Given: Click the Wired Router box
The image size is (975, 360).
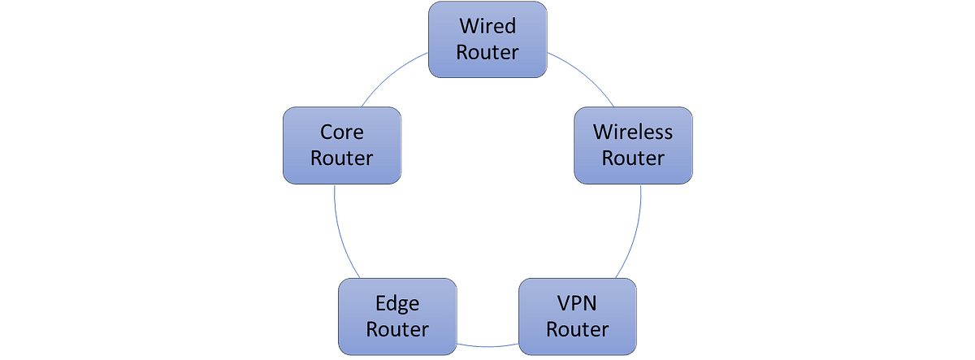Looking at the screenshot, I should pos(487,39).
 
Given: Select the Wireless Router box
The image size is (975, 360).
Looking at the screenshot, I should pos(633,145).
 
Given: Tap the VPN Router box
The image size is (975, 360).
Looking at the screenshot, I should pos(578,316).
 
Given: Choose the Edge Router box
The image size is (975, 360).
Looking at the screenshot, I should pos(396,316).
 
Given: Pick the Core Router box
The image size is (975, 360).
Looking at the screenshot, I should pos(341,145).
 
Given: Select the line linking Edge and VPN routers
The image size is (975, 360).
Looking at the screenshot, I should pos(487,345).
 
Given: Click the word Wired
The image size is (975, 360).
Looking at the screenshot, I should pos(487,27).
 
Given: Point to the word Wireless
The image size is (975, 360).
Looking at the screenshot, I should pos(633,132).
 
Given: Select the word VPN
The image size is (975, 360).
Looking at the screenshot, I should pos(578,304).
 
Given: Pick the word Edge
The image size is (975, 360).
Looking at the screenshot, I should pos(396,304).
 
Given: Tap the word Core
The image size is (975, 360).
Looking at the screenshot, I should pos(341,132).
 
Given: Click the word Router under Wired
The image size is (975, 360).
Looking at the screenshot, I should pos(487,52).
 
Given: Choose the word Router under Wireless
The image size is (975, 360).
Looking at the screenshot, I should pos(633,158).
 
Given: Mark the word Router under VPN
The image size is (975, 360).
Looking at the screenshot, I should pos(578,329).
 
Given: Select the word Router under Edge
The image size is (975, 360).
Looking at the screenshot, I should pos(396,329).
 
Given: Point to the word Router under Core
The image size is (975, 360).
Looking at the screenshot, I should pos(341,158).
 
